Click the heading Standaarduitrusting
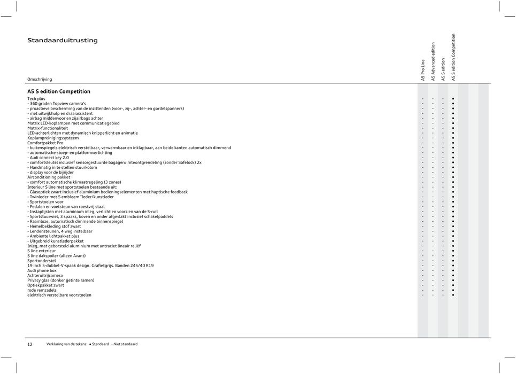point(63,41)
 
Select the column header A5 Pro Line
point(423,70)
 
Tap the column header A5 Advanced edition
point(433,61)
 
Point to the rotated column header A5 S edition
point(443,69)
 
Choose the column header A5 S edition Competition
point(453,57)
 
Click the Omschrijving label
point(40,79)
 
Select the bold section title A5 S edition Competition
point(59,92)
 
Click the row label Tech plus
point(36,99)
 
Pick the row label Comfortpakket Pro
point(45,143)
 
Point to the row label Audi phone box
point(42,270)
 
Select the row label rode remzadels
point(42,290)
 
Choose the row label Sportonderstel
point(41,261)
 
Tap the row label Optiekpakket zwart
point(46,285)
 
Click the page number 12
point(30,344)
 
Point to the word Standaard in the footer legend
point(101,344)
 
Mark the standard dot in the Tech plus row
point(453,99)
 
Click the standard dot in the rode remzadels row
point(453,290)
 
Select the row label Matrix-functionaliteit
point(48,128)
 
